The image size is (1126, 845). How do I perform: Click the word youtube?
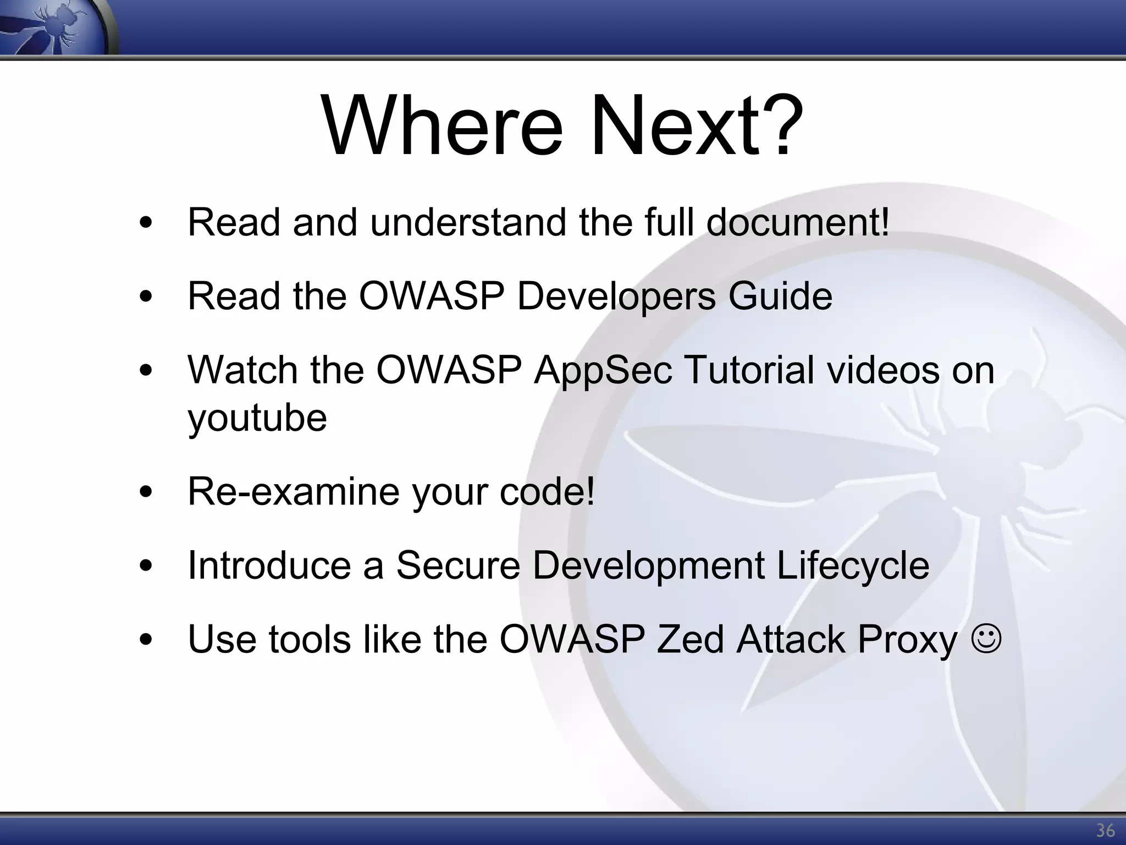257,418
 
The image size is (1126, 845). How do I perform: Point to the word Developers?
616,296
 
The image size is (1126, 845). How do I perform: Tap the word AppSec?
603,370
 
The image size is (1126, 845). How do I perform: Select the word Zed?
690,639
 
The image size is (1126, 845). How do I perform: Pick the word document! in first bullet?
797,222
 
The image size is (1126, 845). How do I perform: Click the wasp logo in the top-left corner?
55,26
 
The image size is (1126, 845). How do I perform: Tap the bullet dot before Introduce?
146,566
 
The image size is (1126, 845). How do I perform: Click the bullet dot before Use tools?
146,640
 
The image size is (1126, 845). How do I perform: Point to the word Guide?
780,296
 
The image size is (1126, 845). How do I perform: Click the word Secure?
458,565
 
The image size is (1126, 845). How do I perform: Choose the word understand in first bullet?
467,222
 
